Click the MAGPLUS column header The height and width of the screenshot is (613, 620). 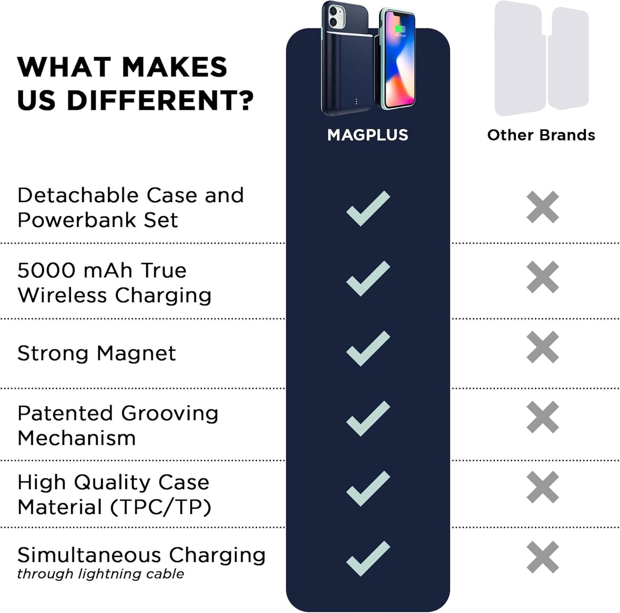click(368, 135)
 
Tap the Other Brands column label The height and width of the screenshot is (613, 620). click(541, 135)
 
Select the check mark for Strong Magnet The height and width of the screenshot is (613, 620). click(368, 348)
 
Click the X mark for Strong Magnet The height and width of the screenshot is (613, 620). click(543, 347)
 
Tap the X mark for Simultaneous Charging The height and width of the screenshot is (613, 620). click(543, 557)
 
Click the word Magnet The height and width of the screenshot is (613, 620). click(136, 353)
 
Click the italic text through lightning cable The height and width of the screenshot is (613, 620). click(100, 574)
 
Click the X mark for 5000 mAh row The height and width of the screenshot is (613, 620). click(543, 277)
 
